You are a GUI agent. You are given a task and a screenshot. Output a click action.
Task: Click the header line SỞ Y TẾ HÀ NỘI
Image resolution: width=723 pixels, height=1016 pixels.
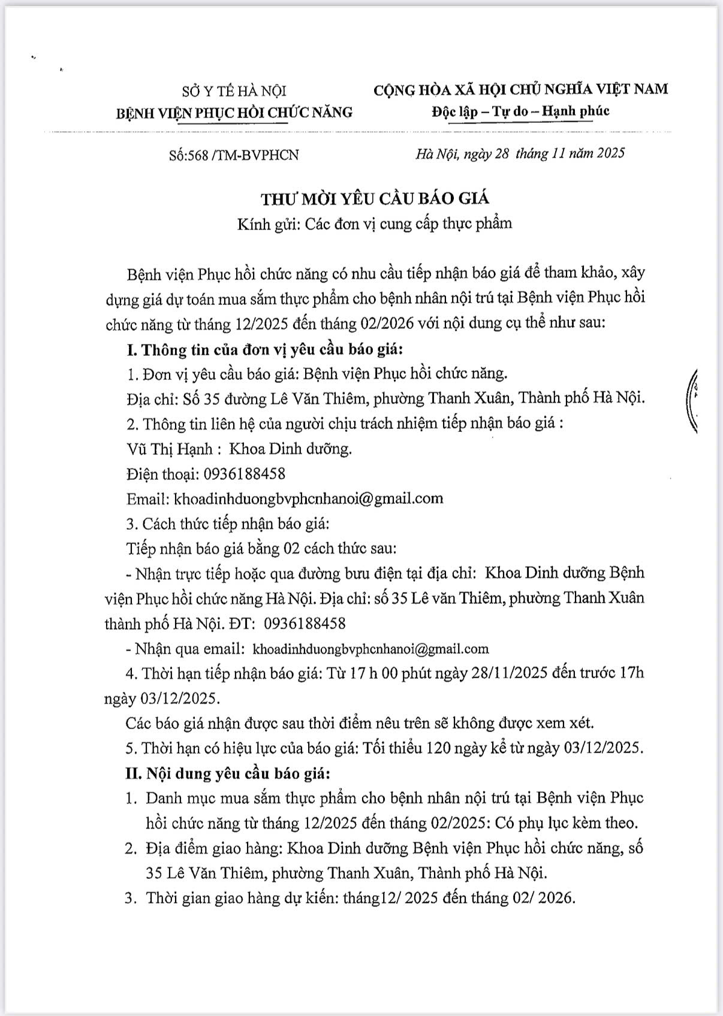point(234,91)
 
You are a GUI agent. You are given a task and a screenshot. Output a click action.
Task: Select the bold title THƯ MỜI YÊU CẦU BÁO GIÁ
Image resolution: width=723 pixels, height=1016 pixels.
point(375,198)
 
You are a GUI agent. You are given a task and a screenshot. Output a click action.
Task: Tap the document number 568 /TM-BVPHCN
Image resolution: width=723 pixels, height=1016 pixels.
point(243,155)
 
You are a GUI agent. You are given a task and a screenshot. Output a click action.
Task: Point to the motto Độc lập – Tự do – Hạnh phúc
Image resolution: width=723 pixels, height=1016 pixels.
point(520,111)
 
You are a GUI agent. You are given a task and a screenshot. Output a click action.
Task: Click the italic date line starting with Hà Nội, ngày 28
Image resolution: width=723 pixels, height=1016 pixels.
point(520,153)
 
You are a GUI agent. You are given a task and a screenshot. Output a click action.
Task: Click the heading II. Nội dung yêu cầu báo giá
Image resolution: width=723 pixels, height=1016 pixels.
point(228,773)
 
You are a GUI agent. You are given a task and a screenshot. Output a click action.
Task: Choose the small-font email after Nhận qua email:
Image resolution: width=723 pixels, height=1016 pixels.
point(371,649)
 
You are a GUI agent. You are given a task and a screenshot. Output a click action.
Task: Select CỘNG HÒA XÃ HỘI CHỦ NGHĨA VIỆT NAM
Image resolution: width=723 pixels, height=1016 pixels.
point(520,89)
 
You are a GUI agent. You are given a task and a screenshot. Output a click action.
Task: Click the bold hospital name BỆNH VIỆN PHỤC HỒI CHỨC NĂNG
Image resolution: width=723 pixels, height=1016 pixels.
point(234,112)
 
